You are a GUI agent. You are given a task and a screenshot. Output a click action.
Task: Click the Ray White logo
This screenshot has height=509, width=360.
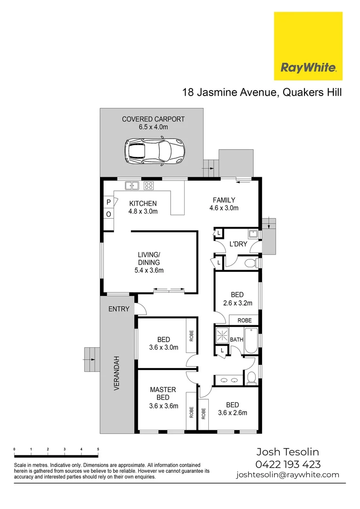point(308,46)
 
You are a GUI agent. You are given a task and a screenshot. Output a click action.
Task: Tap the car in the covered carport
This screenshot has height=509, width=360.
point(154,151)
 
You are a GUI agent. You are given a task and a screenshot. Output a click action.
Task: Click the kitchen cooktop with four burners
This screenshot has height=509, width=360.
point(148,186)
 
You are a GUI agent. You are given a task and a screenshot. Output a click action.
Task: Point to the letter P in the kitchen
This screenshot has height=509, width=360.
point(108,202)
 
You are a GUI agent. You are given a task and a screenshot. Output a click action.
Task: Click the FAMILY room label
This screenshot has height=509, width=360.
point(224,200)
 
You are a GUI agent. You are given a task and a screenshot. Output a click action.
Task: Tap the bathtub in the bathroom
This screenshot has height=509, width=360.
point(251,340)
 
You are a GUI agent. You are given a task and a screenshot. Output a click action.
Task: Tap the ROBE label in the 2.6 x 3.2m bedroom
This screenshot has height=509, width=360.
point(244,320)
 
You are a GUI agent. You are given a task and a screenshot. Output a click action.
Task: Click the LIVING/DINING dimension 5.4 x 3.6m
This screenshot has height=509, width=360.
point(149,271)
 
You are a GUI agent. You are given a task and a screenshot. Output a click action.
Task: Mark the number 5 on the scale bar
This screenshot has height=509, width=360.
point(98,449)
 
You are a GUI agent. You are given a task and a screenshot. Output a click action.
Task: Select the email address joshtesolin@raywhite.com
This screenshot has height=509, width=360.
point(287,475)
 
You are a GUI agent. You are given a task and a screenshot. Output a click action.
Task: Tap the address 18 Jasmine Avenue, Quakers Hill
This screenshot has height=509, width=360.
point(262,92)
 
